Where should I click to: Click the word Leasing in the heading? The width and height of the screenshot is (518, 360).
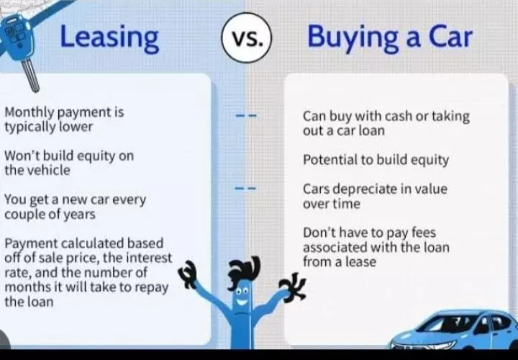click(109, 38)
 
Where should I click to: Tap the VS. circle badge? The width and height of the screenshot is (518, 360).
click(247, 37)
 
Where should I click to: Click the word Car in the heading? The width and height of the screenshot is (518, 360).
click(450, 37)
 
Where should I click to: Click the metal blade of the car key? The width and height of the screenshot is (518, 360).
click(30, 75)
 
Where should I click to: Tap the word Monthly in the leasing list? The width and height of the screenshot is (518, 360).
click(29, 113)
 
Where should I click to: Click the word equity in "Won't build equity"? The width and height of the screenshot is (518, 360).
click(95, 156)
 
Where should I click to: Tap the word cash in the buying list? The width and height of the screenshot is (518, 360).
click(396, 117)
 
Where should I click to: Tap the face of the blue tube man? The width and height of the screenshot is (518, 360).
click(242, 296)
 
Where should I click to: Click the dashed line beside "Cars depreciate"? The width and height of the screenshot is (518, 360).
click(245, 189)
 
